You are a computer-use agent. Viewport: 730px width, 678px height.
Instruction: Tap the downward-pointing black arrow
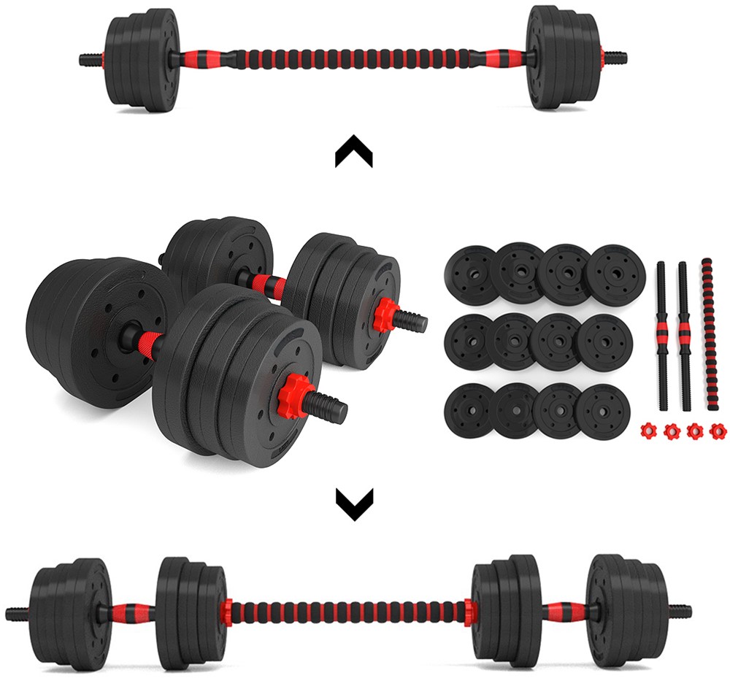point(354,504)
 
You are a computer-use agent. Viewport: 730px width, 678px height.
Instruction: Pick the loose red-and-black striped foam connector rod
point(706,336)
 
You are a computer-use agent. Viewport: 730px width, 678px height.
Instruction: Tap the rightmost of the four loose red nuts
point(719,430)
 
